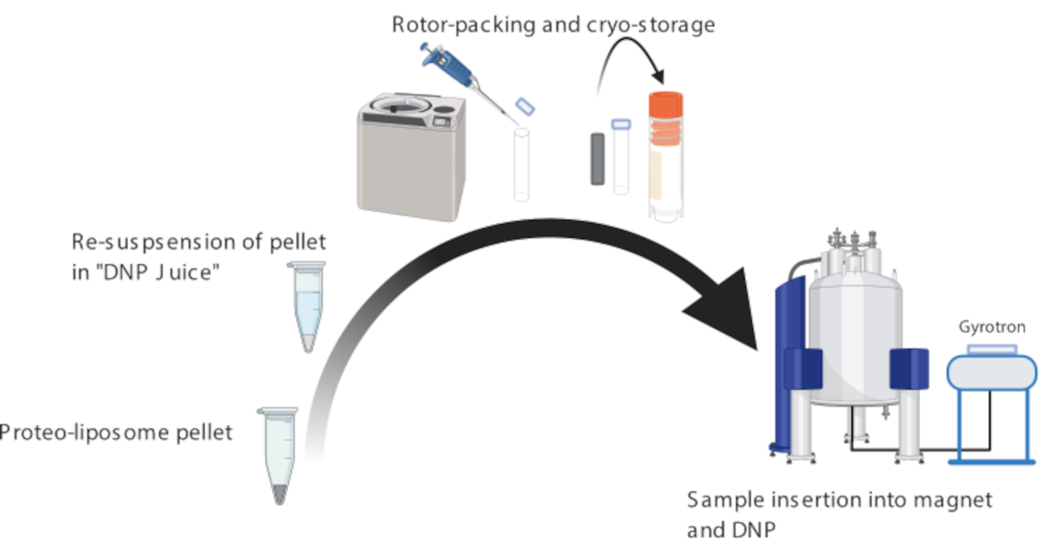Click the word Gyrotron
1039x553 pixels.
992,327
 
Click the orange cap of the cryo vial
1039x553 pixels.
665,104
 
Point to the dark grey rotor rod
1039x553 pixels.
597,159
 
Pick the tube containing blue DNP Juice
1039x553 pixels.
307,307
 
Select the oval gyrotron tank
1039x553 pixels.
992,372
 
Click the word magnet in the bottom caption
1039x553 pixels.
952,500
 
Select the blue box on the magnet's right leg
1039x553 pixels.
909,369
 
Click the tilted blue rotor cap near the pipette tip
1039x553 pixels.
525,106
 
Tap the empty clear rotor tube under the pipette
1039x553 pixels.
521,165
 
